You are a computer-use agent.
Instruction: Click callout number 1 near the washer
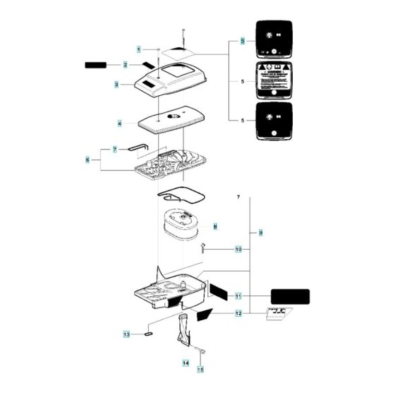tap(139, 49)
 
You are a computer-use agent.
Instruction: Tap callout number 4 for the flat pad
tap(120, 123)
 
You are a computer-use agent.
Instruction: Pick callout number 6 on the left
tap(88, 161)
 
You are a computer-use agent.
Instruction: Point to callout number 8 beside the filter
tap(215, 226)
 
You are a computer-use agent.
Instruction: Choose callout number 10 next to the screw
tap(238, 249)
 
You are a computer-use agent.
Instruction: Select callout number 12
tap(238, 313)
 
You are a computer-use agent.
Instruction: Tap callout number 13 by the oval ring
tap(127, 334)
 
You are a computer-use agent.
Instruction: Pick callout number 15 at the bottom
tap(200, 369)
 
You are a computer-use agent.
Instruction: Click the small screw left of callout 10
tap(203, 247)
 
